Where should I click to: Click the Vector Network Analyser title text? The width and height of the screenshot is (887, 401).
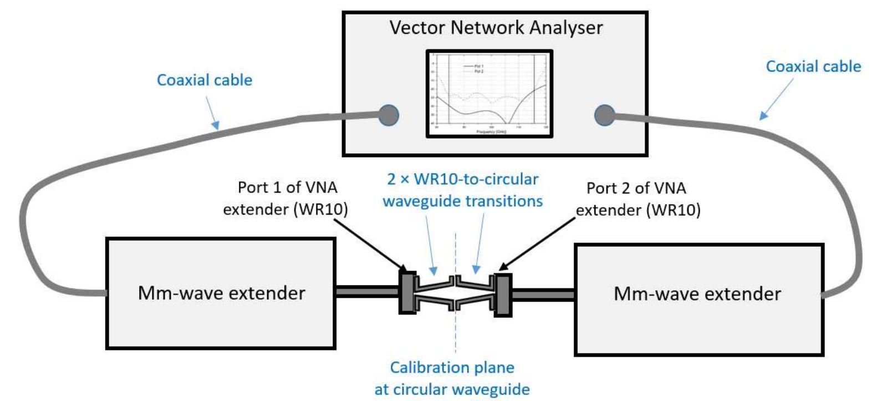(x=496, y=28)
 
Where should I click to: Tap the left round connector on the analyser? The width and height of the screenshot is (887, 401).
(x=389, y=115)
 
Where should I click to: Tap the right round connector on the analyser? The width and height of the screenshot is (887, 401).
(x=604, y=115)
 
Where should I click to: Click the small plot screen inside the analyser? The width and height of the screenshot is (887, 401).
(x=489, y=93)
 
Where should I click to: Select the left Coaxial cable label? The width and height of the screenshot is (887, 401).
(x=205, y=80)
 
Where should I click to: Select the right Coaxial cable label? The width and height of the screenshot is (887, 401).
(x=813, y=67)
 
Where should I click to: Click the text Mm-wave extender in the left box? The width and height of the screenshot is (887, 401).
(x=221, y=293)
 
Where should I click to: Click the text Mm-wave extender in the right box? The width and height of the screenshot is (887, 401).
(x=697, y=293)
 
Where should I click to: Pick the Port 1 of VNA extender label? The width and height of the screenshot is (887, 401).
(x=286, y=198)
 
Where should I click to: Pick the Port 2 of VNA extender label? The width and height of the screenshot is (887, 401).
(x=638, y=199)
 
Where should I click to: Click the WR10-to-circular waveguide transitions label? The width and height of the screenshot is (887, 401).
(x=462, y=190)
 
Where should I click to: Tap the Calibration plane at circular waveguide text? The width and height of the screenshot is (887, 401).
(x=452, y=378)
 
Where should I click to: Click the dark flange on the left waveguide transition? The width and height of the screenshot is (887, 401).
(x=407, y=293)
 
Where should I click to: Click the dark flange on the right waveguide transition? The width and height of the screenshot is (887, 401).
(x=503, y=295)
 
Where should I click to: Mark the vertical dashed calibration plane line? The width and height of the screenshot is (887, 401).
(x=455, y=333)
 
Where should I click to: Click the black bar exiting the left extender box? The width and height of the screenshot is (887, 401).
(x=366, y=292)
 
